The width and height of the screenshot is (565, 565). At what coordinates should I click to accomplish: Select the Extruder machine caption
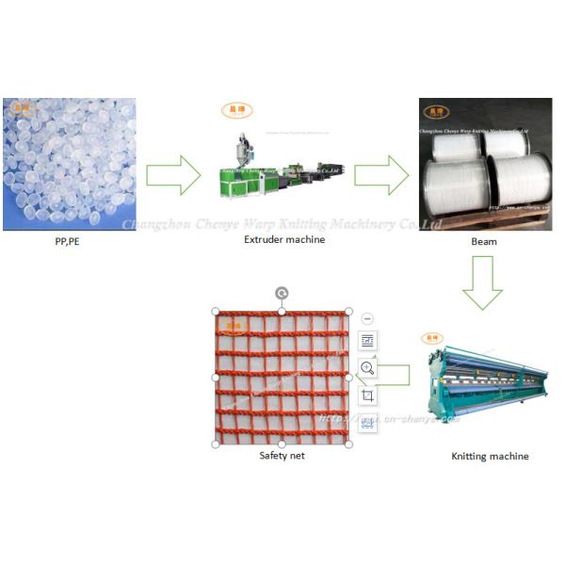283,239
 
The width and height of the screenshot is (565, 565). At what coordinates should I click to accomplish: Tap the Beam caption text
483,242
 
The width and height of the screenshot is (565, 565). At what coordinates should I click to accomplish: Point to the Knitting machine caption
490,456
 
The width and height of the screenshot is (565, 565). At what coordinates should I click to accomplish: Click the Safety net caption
282,455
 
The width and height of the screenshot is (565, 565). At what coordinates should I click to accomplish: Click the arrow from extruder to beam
381,175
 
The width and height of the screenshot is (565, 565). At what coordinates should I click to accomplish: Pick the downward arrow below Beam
483,283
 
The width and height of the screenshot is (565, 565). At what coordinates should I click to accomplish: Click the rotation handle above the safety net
282,294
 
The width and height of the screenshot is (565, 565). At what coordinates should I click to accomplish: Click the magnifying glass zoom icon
367,368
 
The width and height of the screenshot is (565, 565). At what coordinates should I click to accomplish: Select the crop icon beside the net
367,395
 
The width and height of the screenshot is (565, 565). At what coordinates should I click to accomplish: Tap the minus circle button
367,319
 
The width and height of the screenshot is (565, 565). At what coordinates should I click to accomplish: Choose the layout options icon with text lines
367,341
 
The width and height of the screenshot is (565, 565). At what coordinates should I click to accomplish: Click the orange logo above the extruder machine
236,110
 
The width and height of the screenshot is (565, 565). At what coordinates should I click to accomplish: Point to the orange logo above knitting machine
432,336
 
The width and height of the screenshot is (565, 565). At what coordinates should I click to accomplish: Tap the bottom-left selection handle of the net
216,444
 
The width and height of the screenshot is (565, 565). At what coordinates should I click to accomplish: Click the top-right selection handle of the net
348,312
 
